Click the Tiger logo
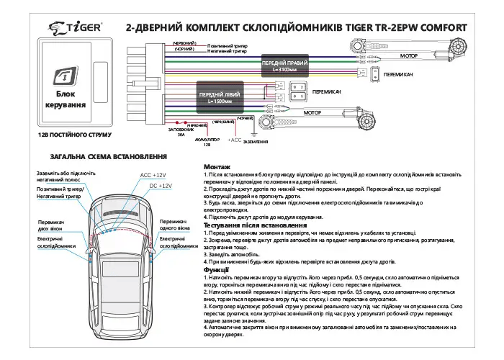(78, 27)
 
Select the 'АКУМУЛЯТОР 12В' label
(207, 143)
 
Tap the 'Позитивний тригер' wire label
(227, 45)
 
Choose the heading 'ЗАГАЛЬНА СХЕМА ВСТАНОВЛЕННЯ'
(99, 157)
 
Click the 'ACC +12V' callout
(153, 175)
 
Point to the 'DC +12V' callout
(160, 186)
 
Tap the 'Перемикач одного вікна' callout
(175, 225)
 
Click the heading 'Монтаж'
(217, 167)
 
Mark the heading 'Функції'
(217, 269)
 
